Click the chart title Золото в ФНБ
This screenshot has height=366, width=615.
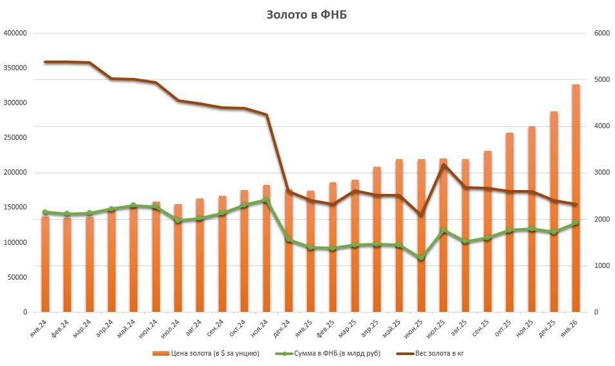(307, 15)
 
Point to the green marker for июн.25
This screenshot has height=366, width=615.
(421, 258)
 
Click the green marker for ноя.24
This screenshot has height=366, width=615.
(266, 200)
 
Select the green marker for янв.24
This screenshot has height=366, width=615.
(45, 212)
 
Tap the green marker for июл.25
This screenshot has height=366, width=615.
(443, 231)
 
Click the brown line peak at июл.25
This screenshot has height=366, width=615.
(443, 165)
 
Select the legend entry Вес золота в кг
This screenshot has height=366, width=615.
(439, 354)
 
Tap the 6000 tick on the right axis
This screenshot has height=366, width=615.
(601, 33)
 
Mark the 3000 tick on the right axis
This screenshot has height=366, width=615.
(601, 173)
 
